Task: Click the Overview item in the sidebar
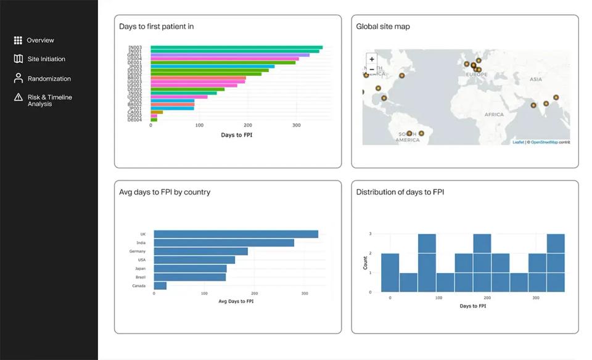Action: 40,40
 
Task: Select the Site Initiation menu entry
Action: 46,59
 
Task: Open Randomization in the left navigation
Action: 49,79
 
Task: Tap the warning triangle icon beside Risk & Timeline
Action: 18,97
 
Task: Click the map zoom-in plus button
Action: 372,60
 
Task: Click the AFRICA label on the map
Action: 494,115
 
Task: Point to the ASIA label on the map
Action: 535,80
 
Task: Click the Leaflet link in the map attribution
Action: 518,142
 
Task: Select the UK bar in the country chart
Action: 236,234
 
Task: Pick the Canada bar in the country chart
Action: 160,285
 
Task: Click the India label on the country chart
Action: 141,243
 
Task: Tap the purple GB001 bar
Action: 230,55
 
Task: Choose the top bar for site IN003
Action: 236,47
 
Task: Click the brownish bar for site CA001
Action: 157,112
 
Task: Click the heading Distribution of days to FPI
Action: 400,192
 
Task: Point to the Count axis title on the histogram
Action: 365,263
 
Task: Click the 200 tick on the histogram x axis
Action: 487,298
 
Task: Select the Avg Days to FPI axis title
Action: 236,301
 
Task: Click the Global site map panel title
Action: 382,27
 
